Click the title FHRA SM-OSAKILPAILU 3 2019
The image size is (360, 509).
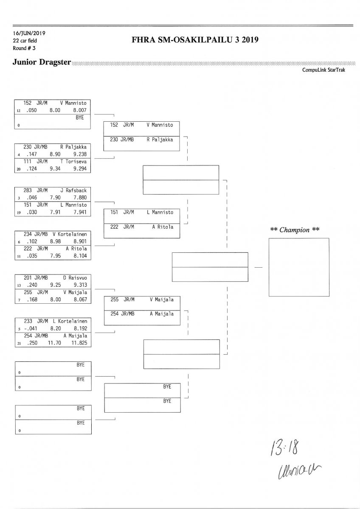[196, 40]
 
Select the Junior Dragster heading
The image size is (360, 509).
[42, 62]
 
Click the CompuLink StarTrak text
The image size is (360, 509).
[323, 70]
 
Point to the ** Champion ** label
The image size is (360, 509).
[295, 229]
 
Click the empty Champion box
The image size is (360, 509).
[298, 267]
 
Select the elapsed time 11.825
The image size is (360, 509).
[80, 343]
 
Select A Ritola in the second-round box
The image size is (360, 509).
[163, 227]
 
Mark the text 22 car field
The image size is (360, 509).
[25, 41]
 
